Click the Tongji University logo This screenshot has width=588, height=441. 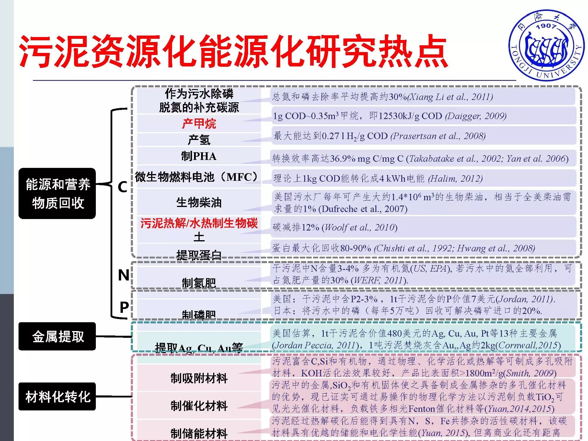coord(546,46)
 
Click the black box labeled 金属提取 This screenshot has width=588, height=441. coord(57,336)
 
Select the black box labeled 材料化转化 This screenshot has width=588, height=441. coord(57,397)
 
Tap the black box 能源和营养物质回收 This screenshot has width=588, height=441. coord(57,193)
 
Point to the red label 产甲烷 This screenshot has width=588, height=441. coord(199,123)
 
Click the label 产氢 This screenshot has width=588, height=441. coord(199,140)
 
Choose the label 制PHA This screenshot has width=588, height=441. coord(199,156)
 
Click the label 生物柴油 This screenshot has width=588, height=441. coord(199,202)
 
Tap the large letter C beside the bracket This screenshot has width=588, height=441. coord(122,187)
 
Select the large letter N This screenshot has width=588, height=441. coord(123,275)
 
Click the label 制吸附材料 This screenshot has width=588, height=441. coord(199,378)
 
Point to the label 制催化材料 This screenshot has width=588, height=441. coord(199,406)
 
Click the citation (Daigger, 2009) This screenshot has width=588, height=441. coord(476,116)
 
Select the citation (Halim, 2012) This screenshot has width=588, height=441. coord(455,178)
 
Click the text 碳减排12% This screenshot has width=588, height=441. coord(296,227)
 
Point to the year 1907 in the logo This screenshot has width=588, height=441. coord(546,26)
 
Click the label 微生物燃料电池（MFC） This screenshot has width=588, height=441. coord(196,177)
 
